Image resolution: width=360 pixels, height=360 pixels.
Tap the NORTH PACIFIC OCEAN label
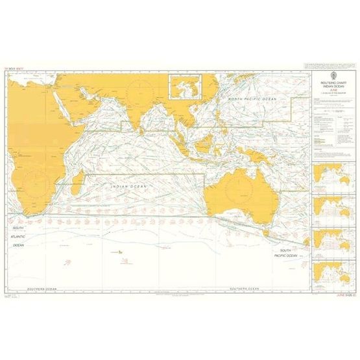coord(255,99)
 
